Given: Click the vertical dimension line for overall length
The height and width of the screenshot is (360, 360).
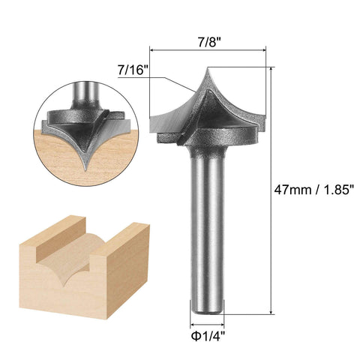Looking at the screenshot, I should [271, 187].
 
